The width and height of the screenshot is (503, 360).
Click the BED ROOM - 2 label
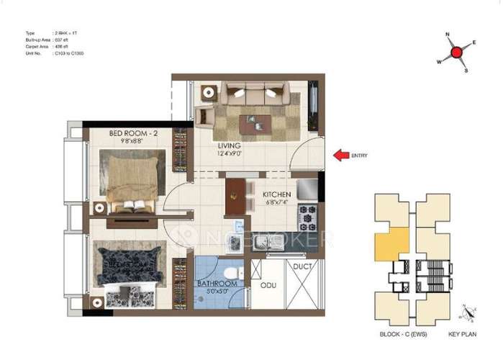coord(134,133)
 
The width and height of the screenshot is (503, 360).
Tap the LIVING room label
coord(230,145)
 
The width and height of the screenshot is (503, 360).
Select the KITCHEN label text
coord(276,194)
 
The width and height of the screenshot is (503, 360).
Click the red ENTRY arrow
coord(341,154)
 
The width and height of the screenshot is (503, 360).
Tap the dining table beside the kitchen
coord(235,195)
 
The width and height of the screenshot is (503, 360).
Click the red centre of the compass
coord(456,52)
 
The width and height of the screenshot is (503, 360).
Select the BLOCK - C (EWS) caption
coord(399,335)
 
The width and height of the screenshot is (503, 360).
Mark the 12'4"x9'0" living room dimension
coord(230,153)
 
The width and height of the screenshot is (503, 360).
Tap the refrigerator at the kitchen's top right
coord(307,189)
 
